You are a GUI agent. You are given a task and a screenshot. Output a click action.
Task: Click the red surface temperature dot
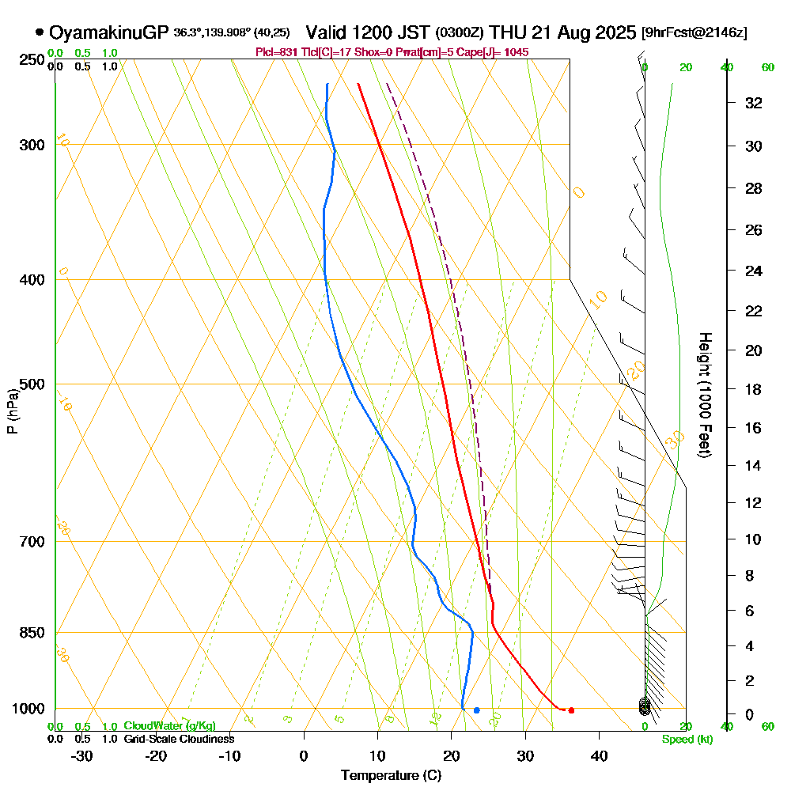click(x=571, y=710)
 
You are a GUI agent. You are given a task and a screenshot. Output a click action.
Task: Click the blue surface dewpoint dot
click(x=476, y=710)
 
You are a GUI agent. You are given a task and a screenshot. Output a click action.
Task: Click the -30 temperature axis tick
click(x=82, y=755)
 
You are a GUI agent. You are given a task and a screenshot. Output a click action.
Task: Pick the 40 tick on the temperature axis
click(x=599, y=755)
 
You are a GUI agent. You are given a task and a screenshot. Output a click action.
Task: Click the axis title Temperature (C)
click(x=392, y=775)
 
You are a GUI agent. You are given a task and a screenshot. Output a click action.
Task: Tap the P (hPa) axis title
click(x=12, y=411)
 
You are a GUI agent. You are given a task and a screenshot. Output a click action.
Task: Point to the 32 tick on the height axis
click(x=753, y=103)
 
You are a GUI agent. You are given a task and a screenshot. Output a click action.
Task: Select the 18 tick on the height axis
click(x=753, y=389)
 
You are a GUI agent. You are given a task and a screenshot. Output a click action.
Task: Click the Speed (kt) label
click(x=686, y=739)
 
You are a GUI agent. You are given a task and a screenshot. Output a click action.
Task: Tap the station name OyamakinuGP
click(x=108, y=32)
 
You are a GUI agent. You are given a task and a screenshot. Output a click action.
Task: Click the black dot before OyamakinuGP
click(x=40, y=32)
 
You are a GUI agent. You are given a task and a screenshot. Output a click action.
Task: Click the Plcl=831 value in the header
click(x=279, y=52)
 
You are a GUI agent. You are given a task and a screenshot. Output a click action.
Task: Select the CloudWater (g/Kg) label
click(x=169, y=726)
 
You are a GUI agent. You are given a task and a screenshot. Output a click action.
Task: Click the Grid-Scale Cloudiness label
click(x=178, y=739)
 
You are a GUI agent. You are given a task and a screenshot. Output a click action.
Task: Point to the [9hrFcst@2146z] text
click(x=694, y=33)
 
